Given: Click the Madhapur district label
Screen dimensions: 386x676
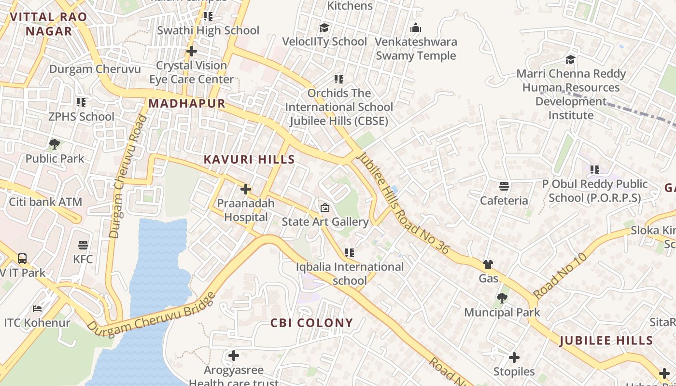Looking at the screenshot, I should click(x=187, y=103).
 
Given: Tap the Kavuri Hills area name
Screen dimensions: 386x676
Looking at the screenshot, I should click(x=249, y=159).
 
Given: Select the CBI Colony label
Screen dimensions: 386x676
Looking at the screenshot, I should click(x=311, y=323).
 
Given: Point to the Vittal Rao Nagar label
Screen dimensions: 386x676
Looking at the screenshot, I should click(x=48, y=24).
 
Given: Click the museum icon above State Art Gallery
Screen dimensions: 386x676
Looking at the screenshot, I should click(x=325, y=207).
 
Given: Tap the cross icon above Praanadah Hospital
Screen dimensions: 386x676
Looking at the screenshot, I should click(x=246, y=189).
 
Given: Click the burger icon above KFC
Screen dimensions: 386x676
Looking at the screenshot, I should click(x=83, y=245).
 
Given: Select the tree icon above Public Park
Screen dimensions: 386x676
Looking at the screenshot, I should click(x=55, y=144).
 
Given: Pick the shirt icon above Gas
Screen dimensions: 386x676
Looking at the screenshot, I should click(x=488, y=264).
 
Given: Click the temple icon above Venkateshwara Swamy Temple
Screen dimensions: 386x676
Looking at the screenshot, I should click(x=416, y=28).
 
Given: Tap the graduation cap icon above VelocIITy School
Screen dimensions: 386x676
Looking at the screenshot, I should click(x=324, y=28).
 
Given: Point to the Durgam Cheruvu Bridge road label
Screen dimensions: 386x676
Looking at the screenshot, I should click(x=151, y=312).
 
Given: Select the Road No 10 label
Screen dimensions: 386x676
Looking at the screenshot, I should click(x=560, y=276).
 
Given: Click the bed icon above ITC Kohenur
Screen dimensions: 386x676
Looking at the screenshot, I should click(x=37, y=308).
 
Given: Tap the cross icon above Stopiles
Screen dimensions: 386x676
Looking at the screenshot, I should click(x=514, y=358).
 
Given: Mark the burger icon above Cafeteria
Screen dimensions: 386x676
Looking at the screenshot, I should click(x=504, y=186).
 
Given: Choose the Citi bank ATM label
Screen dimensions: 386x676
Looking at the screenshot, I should click(x=45, y=202).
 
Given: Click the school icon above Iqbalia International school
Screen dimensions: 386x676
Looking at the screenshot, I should click(x=350, y=252).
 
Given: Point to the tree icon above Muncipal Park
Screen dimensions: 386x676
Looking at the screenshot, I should click(x=502, y=298).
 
